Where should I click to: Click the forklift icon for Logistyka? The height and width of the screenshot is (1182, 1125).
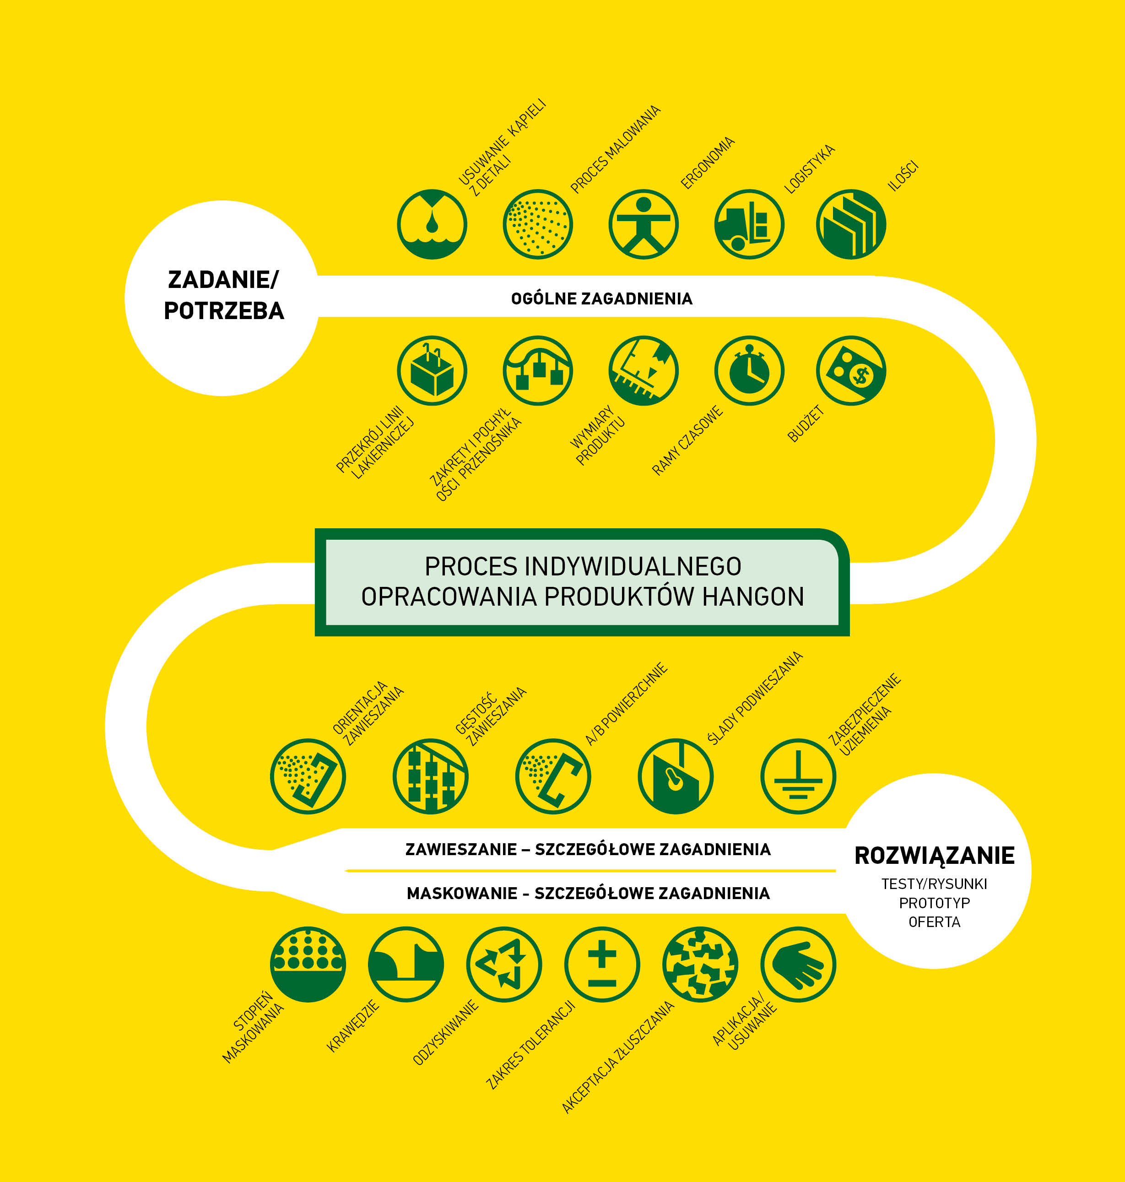pos(749,224)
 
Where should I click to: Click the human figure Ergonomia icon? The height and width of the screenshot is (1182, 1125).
pos(644,224)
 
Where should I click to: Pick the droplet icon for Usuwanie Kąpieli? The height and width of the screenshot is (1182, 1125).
pos(432,224)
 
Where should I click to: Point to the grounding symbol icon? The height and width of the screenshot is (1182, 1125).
pos(798,776)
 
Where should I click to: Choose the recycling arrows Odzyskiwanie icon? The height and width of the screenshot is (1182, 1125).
pos(504,964)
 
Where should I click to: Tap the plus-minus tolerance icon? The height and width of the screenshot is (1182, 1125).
pos(602,964)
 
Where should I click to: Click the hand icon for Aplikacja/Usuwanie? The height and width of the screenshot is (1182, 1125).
pos(798,964)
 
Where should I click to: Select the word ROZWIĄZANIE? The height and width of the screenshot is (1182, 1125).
pos(934,856)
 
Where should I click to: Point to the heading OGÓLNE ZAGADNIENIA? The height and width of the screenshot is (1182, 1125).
pos(601,298)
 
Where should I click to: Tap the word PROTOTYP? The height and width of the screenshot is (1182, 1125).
pos(934,903)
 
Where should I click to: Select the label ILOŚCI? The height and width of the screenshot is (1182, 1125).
pos(903,176)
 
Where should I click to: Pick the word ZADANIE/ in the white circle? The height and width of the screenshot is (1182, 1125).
pos(223,279)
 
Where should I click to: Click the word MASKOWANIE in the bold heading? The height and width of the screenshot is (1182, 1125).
pos(462,894)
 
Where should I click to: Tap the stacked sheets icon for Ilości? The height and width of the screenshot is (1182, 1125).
pos(851,224)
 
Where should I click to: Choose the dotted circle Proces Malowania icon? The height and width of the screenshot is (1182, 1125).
pos(538,224)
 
